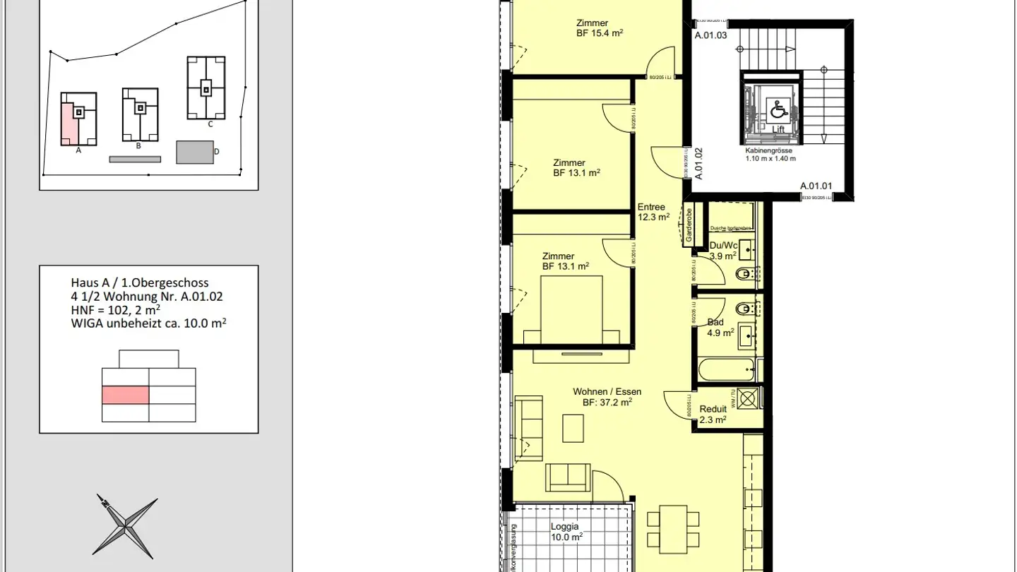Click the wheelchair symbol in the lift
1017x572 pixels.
pyautogui.click(x=778, y=109)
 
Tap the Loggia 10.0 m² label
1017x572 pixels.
pyautogui.click(x=566, y=532)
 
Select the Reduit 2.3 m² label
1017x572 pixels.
pyautogui.click(x=713, y=414)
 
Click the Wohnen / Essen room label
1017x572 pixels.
pyautogui.click(x=607, y=397)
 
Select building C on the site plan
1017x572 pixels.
pyautogui.click(x=206, y=88)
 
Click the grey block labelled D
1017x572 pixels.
pyautogui.click(x=195, y=152)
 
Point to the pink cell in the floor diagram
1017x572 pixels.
pyautogui.click(x=126, y=395)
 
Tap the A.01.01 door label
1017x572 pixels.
pyautogui.click(x=816, y=186)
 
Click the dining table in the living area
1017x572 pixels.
pyautogui.click(x=672, y=528)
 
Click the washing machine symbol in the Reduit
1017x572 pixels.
pyautogui.click(x=749, y=398)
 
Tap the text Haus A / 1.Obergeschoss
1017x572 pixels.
pyautogui.click(x=140, y=282)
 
